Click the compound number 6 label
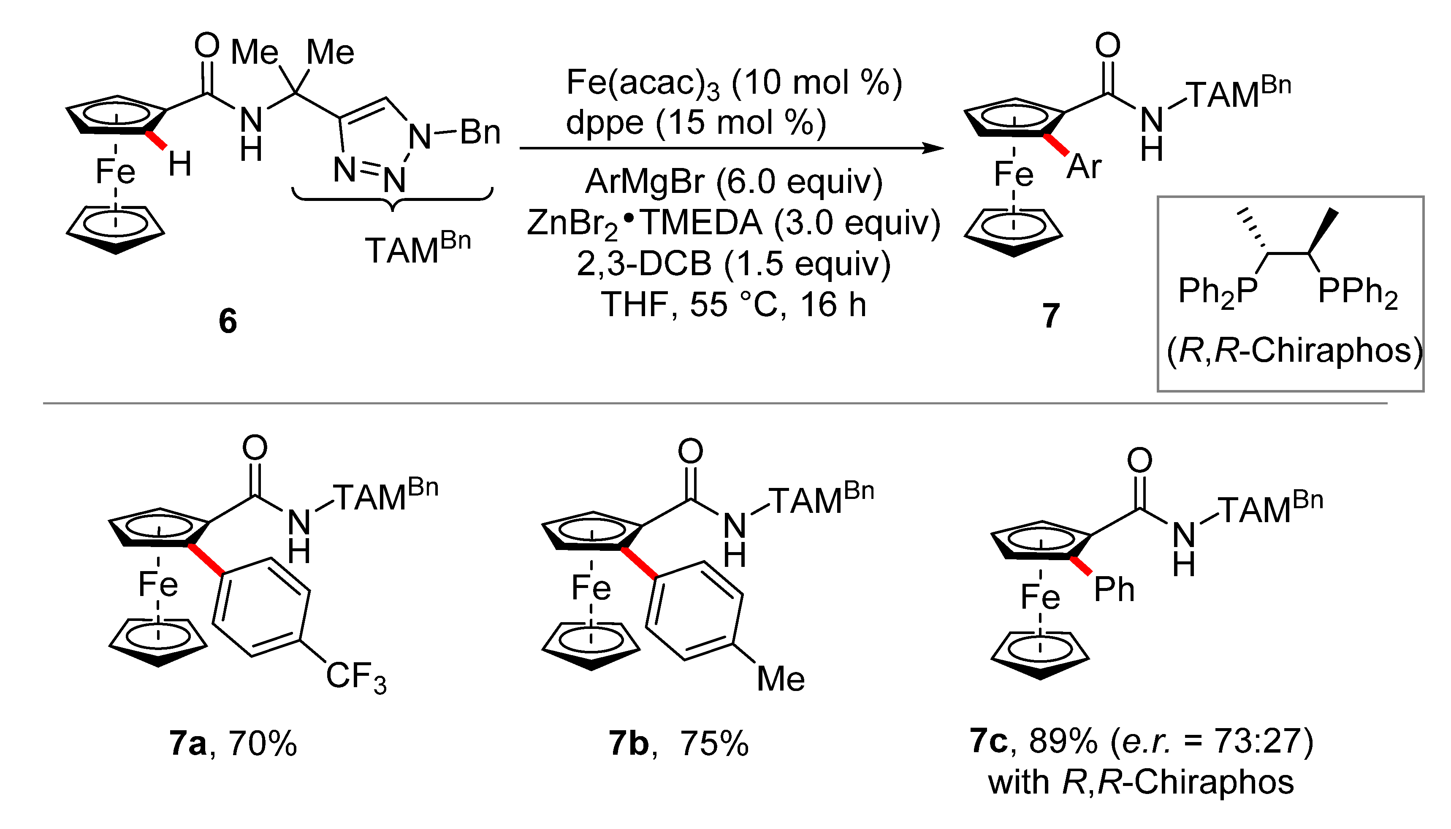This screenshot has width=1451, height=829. pyautogui.click(x=228, y=321)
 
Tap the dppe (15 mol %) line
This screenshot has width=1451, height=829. pyautogui.click(x=696, y=123)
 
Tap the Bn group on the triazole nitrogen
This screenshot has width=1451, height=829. pyautogui.click(x=480, y=133)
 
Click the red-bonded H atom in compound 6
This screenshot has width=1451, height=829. pyautogui.click(x=180, y=165)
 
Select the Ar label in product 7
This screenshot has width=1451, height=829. pyautogui.click(x=1084, y=167)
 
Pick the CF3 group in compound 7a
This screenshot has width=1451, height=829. pyautogui.click(x=356, y=677)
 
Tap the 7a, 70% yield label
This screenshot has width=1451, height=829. pyautogui.click(x=233, y=743)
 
